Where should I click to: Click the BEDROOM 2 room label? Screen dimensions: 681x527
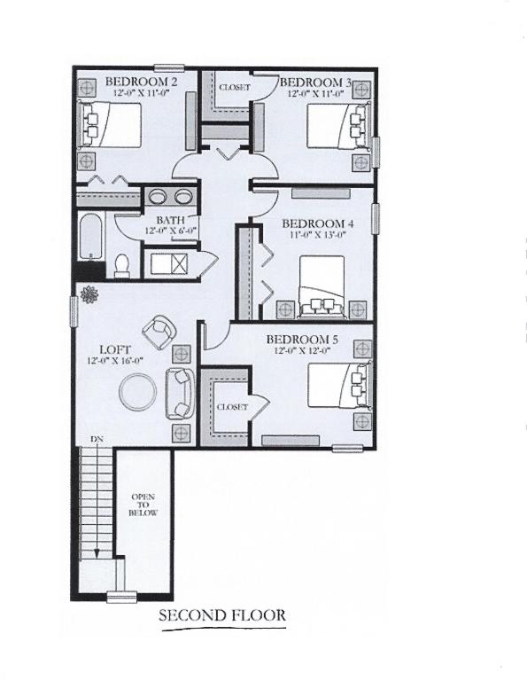tap(142, 82)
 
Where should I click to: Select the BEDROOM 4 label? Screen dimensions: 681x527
tap(316, 223)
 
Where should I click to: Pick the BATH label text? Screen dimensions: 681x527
tap(170, 220)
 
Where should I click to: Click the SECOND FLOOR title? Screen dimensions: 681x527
tap(221, 614)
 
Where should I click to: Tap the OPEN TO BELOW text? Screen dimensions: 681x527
tap(143, 504)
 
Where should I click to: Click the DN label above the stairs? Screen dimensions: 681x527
tap(95, 440)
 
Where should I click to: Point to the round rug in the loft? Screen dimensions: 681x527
tap(138, 391)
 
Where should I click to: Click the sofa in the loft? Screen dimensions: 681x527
tap(180, 392)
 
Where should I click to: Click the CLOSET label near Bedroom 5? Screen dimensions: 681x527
tap(231, 406)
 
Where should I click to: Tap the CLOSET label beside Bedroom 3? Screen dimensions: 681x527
tap(235, 88)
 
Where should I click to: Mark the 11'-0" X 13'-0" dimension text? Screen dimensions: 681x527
tap(316, 236)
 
